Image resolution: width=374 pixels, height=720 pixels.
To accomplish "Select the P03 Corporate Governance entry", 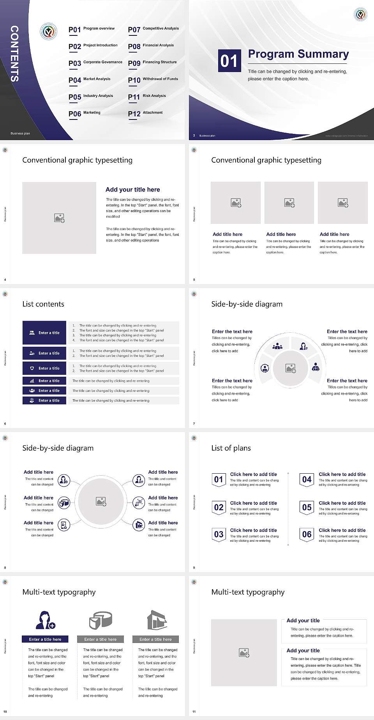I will [x=95, y=63].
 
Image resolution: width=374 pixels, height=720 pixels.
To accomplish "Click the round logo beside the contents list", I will [x=49, y=32].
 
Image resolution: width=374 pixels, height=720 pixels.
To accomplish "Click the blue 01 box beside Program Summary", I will [x=229, y=61].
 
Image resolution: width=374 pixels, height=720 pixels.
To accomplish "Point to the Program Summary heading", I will [x=298, y=54].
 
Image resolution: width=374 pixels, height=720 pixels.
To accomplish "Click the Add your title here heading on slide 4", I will [x=132, y=190].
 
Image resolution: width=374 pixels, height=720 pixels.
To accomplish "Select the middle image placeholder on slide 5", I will [x=289, y=203].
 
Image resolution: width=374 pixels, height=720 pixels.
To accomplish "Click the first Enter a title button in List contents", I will [x=44, y=333].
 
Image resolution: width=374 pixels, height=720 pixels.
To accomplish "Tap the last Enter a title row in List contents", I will [x=44, y=400].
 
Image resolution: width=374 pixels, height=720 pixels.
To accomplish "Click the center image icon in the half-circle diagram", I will [x=290, y=368].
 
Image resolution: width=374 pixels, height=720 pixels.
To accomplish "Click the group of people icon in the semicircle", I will [x=277, y=346].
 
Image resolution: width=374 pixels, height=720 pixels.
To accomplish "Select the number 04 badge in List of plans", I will [x=307, y=479].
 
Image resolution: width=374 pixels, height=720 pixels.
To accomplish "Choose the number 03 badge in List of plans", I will [x=219, y=535].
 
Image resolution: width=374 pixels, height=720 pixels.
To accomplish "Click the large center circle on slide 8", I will [x=101, y=502].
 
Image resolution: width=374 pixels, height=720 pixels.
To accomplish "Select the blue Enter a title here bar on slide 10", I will [x=45, y=639].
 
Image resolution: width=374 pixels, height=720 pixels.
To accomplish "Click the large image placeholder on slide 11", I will [x=244, y=652].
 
